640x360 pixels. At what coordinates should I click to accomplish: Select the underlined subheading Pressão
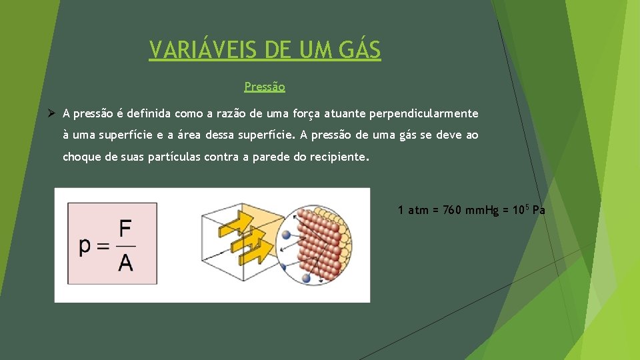[x=265, y=87]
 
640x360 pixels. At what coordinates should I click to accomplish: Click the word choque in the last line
[x=81, y=157]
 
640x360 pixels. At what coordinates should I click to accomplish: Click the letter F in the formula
[x=125, y=229]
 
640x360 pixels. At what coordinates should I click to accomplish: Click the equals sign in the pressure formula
[x=103, y=246]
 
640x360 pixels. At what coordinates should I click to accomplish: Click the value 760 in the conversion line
[x=451, y=211]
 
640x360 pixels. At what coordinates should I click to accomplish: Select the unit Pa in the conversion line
[x=539, y=211]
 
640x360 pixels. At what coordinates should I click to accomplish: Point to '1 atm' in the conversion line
[x=413, y=211]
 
